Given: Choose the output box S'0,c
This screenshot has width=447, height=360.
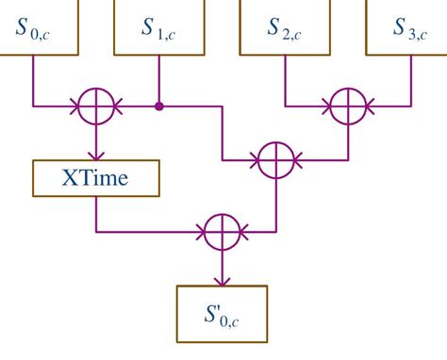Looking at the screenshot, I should click(x=223, y=314).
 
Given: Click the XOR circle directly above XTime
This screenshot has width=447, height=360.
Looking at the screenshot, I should click(x=95, y=106).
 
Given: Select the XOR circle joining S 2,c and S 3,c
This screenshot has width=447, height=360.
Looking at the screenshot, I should click(x=349, y=106).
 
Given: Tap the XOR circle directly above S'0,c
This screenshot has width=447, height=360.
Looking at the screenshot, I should click(x=223, y=229).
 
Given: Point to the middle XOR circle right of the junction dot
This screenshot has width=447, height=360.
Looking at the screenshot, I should click(x=278, y=157).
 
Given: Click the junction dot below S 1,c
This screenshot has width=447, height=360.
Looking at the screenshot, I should click(x=158, y=106).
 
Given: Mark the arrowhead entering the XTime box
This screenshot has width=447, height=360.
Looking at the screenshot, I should click(x=95, y=155).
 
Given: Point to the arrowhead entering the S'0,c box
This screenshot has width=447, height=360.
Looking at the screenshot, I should click(x=223, y=280).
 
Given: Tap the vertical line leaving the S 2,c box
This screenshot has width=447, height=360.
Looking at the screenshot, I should click(x=286, y=75).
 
